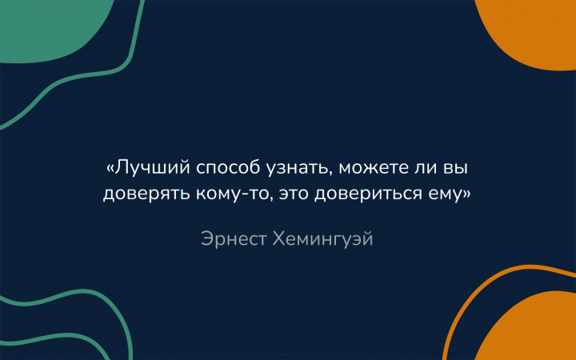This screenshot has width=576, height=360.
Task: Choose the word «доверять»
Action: pyautogui.click(x=146, y=194)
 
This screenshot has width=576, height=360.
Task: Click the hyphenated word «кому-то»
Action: pyautogui.click(x=234, y=194)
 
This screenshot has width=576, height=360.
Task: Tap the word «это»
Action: pyautogui.click(x=294, y=194)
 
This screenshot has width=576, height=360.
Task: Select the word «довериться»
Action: pyautogui.click(x=368, y=194)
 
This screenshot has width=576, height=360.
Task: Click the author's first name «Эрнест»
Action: pyautogui.click(x=234, y=239)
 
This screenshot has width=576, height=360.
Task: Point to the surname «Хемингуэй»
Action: pyautogui.click(x=323, y=239)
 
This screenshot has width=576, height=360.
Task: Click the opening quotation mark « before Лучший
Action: pyautogui.click(x=110, y=169)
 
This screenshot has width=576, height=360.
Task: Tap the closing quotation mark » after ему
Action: pyautogui.click(x=466, y=194)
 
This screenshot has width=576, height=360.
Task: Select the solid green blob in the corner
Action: pyautogui.click(x=48, y=27)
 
